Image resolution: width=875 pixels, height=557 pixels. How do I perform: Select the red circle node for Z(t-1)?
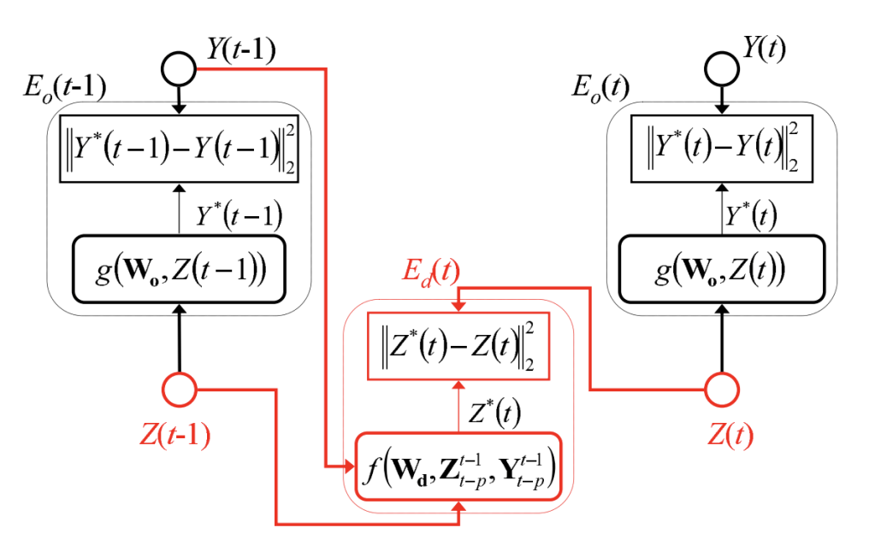[x=180, y=391]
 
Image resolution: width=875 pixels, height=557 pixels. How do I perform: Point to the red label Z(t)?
[x=730, y=436]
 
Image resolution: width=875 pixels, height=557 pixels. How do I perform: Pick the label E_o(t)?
[x=600, y=89]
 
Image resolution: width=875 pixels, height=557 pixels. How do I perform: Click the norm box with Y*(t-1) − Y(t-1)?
[x=179, y=148]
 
